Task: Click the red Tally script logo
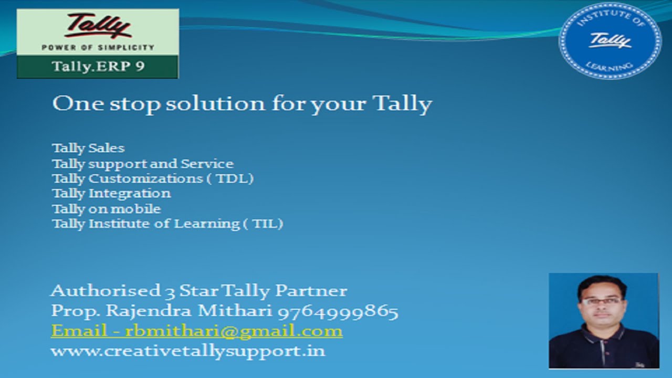(x=97, y=26)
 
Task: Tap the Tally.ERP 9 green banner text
(x=98, y=67)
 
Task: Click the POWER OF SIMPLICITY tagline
(x=98, y=47)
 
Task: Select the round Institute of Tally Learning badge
(x=610, y=40)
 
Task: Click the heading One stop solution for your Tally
(x=242, y=103)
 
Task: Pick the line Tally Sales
(x=88, y=148)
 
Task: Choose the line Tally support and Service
(x=142, y=164)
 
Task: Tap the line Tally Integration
(x=111, y=194)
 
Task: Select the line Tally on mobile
(x=106, y=209)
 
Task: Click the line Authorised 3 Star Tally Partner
(x=199, y=290)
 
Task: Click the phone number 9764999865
(x=338, y=311)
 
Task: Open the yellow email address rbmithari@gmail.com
(x=234, y=331)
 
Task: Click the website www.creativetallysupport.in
(x=188, y=351)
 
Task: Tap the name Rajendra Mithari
(x=189, y=311)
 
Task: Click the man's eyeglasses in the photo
(x=602, y=301)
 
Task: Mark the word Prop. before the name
(x=76, y=311)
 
